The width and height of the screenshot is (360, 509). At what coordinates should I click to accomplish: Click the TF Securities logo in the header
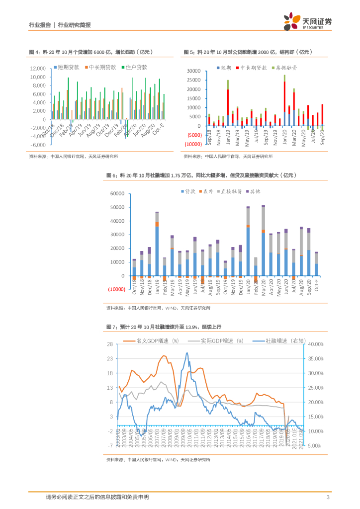click(x=307, y=21)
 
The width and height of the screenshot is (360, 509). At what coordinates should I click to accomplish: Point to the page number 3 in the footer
click(x=329, y=497)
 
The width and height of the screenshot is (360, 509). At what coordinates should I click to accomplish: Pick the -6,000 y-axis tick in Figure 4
click(x=38, y=145)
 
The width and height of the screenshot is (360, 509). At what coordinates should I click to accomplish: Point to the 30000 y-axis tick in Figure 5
click(x=193, y=71)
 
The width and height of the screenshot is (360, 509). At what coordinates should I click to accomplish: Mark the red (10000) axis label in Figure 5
click(x=192, y=144)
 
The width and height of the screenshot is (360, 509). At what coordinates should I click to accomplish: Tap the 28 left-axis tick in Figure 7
click(x=111, y=344)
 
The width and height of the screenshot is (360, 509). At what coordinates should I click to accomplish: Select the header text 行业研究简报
click(x=75, y=25)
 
